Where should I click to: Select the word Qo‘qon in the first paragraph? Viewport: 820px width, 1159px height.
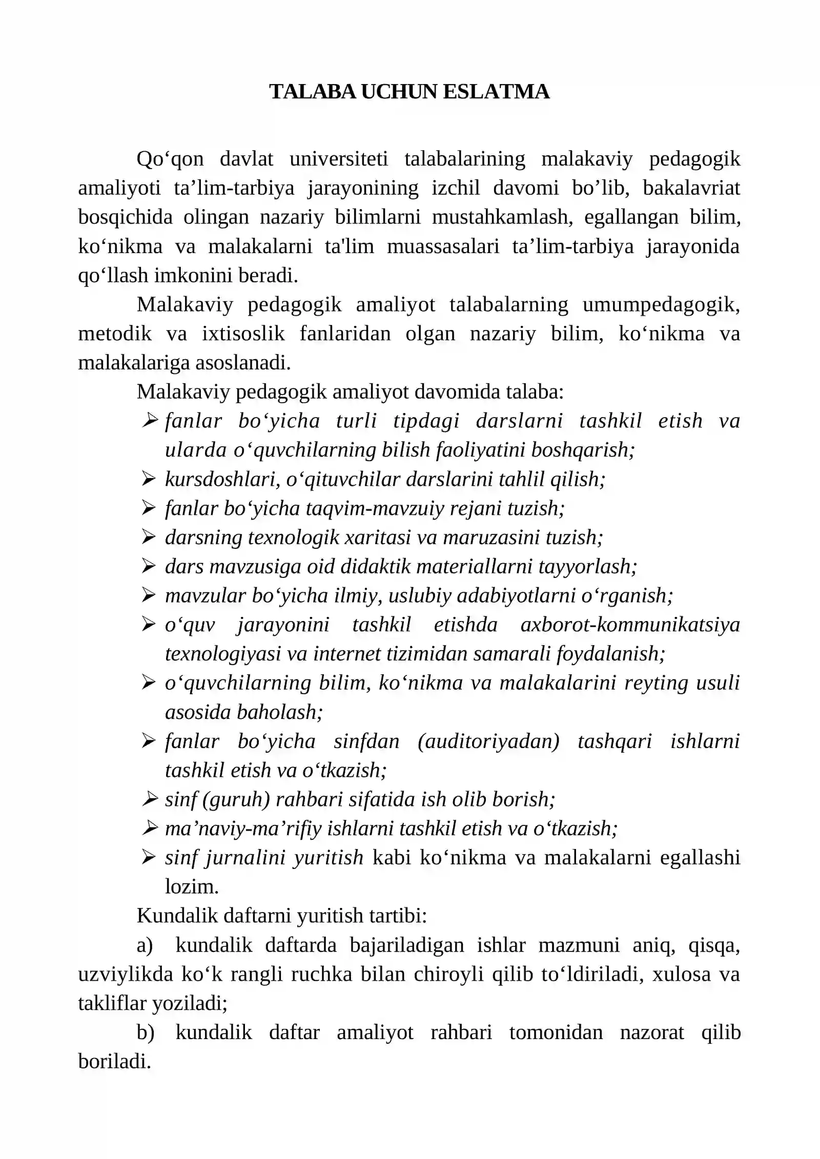[x=170, y=159]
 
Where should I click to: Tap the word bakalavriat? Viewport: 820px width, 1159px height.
[x=691, y=188]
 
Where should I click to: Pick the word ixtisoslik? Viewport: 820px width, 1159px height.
[x=243, y=334]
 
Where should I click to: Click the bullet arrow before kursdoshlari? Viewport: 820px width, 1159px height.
[x=149, y=479]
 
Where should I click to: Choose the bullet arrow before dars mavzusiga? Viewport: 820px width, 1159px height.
[x=149, y=566]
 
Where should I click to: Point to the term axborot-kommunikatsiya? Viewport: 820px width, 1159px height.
[x=630, y=625]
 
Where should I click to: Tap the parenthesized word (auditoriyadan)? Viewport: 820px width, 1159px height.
[x=488, y=741]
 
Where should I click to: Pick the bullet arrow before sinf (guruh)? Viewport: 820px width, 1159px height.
[x=149, y=799]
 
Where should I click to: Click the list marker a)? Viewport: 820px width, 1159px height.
[x=145, y=945]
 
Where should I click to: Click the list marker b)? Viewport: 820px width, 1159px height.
[x=145, y=1033]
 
